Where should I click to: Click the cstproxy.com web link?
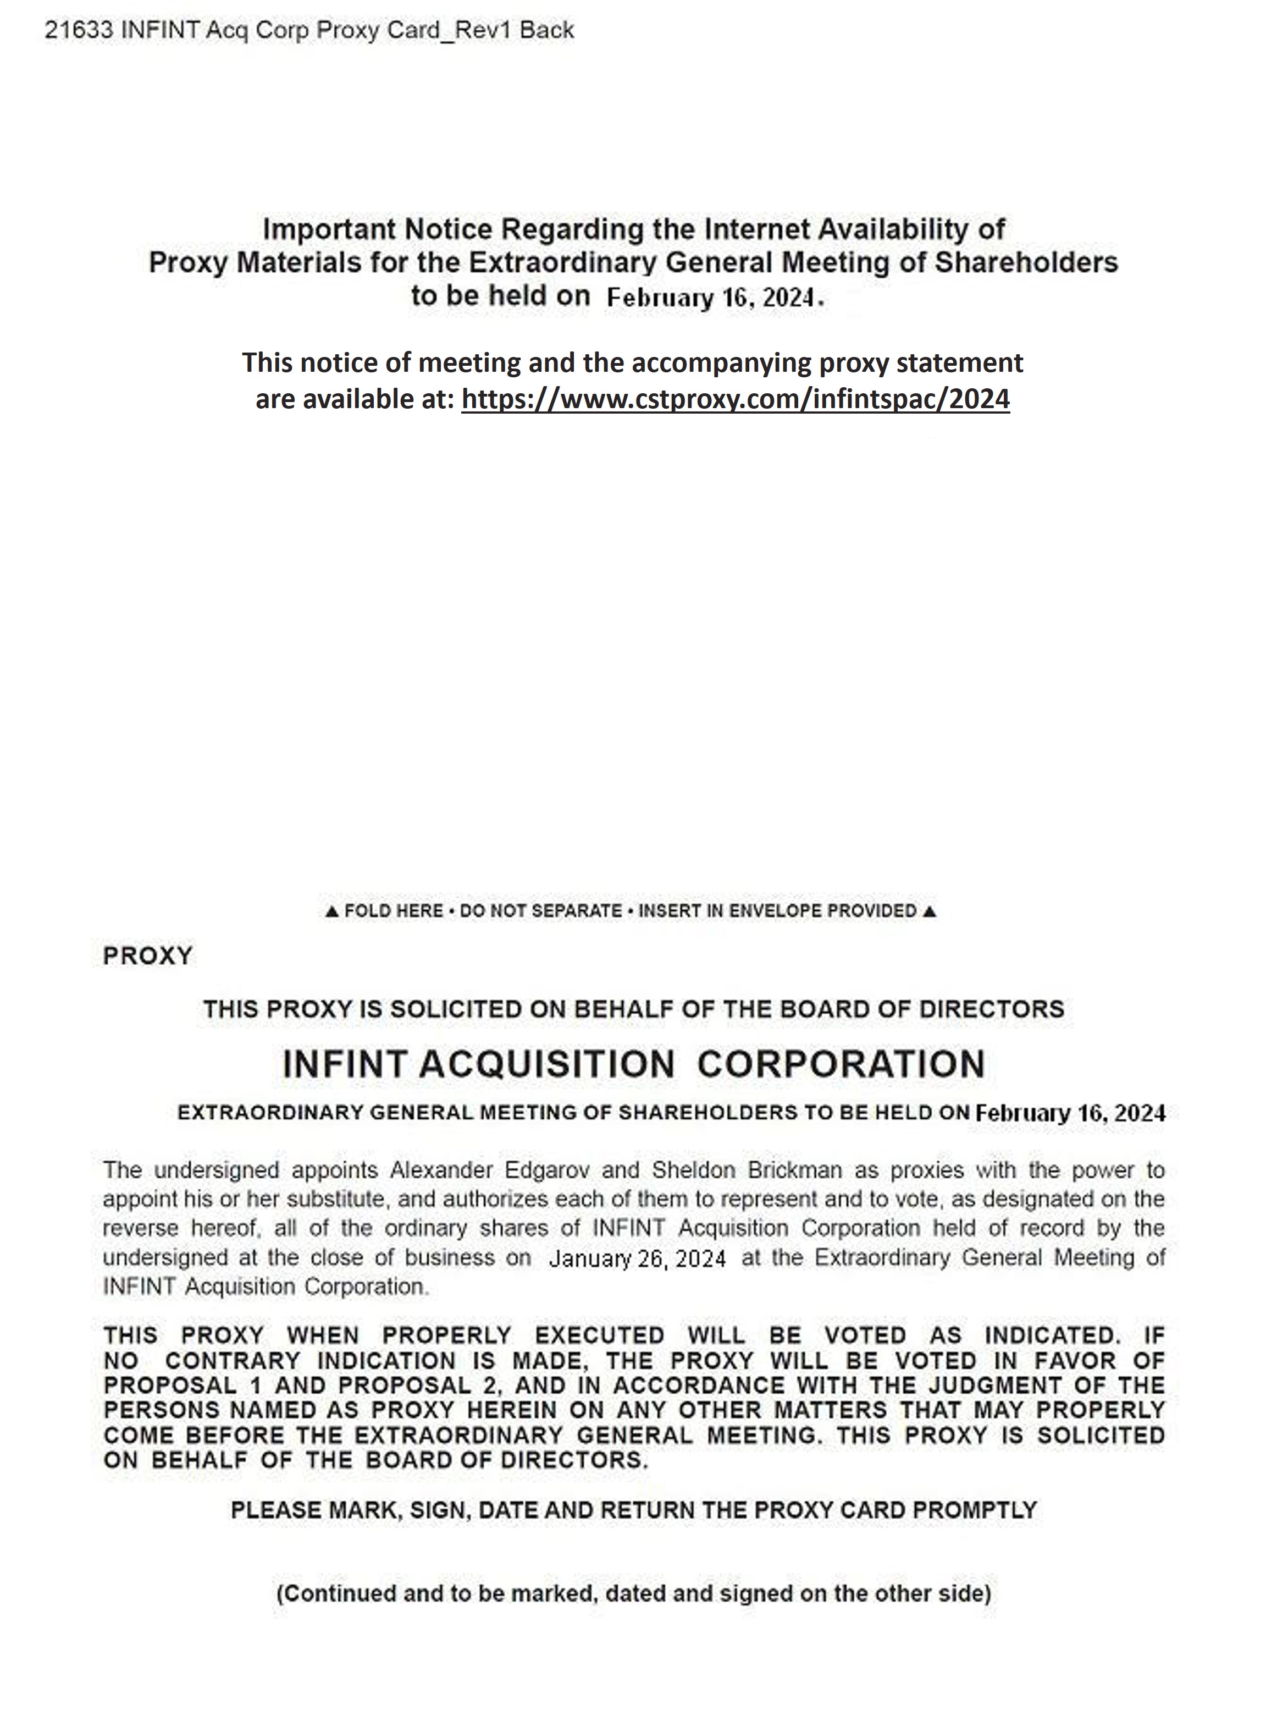point(735,399)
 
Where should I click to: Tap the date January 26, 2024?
point(637,1259)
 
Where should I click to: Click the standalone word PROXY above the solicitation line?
point(147,956)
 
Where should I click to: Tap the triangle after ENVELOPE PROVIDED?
point(930,911)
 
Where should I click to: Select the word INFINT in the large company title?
point(344,1064)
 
